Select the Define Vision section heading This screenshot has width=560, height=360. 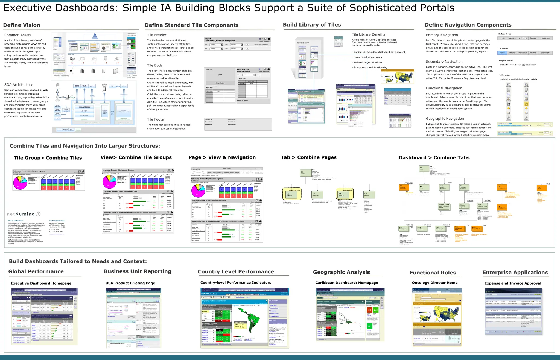pos(22,25)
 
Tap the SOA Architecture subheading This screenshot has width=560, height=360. pos(19,85)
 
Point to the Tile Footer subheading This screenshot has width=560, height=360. pos(156,119)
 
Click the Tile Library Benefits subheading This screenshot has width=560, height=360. pos(369,34)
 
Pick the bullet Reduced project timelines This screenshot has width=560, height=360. pos(368,62)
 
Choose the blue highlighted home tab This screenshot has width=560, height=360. pos(502,53)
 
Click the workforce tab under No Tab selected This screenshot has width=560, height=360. pos(523,38)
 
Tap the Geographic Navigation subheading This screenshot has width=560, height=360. pos(445,119)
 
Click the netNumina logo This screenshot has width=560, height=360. pos(24,214)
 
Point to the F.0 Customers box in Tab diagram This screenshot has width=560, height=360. pos(317,195)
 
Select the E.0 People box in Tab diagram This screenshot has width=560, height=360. pos(369,195)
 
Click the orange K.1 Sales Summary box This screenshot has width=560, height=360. pos(502,207)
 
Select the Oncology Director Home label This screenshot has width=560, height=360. pos(435,283)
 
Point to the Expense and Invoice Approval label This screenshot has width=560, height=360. pos(513,283)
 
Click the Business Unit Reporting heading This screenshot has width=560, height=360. pos(137,271)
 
